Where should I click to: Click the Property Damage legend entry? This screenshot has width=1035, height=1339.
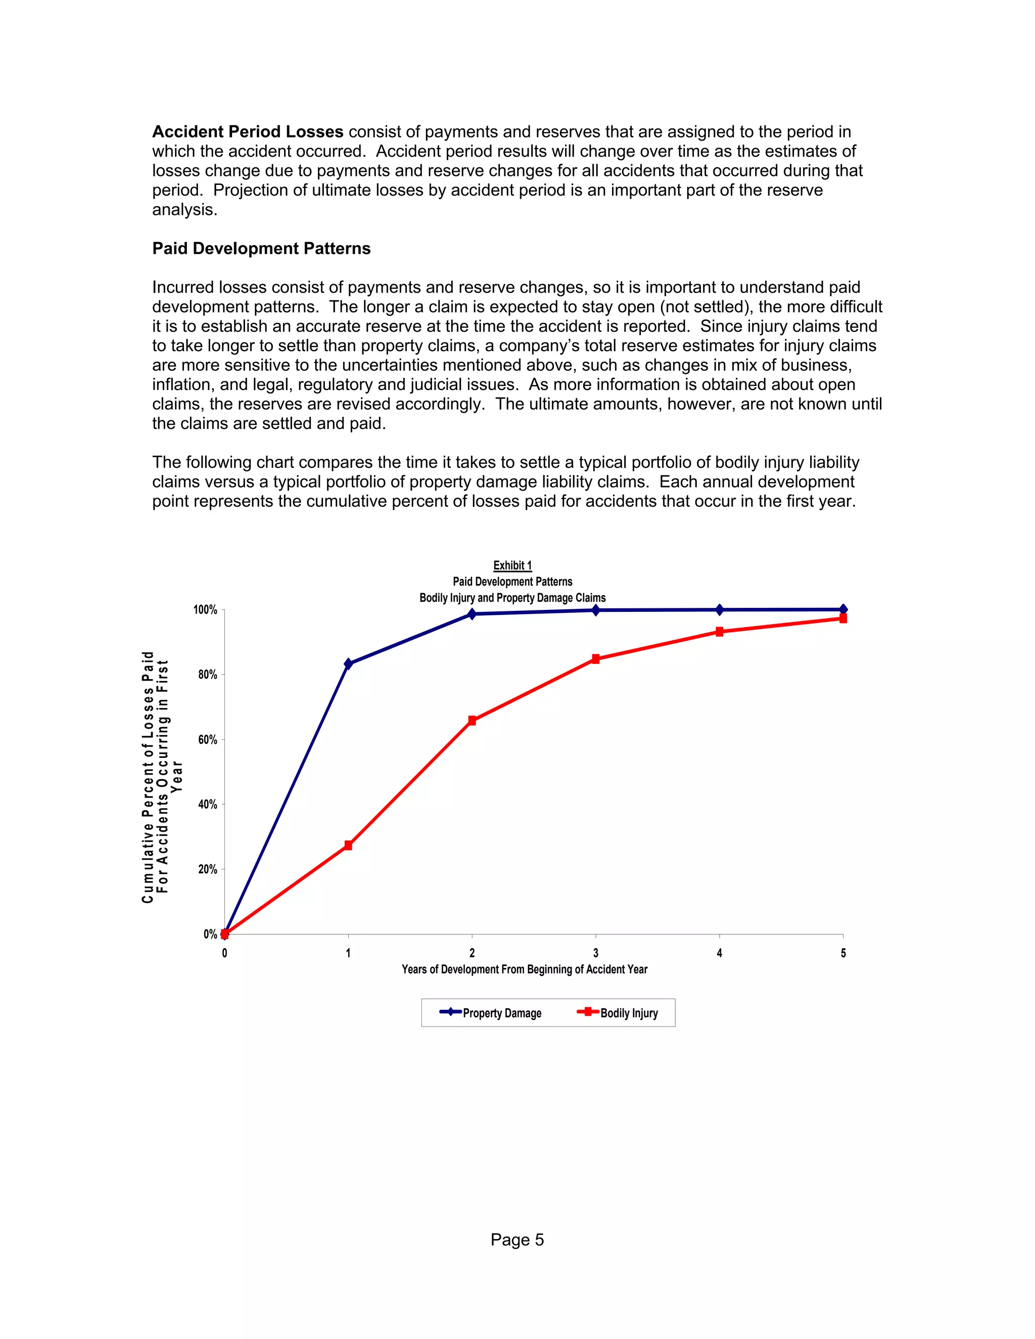pos(491,1013)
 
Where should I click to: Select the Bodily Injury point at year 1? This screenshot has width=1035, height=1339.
pos(348,845)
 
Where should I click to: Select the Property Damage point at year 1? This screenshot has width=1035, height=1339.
pos(348,664)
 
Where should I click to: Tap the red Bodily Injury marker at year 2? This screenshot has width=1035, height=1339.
pos(472,721)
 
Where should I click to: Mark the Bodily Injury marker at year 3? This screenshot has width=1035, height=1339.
pos(596,659)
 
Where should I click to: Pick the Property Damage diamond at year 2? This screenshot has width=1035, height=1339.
pos(472,614)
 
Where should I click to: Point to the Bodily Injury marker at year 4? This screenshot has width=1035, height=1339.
pos(719,632)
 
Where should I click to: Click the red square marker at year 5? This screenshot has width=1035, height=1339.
pos(843,618)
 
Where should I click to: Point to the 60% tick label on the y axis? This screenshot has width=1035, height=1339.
pos(207,740)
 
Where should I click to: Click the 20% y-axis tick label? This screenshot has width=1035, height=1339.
pos(207,870)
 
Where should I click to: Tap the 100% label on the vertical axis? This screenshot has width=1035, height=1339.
pos(205,610)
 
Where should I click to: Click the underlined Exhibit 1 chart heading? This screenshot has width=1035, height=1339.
pos(512,565)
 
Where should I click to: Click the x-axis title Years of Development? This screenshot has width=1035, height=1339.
pos(524,969)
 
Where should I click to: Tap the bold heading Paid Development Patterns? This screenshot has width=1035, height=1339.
pos(261,248)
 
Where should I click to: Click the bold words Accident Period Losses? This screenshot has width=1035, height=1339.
pos(248,132)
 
